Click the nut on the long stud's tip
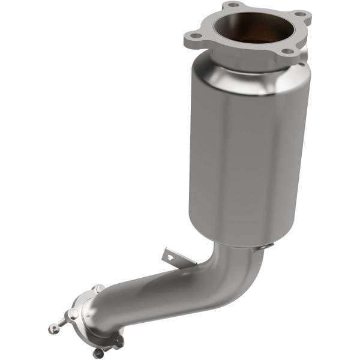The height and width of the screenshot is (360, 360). click(x=52, y=328)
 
